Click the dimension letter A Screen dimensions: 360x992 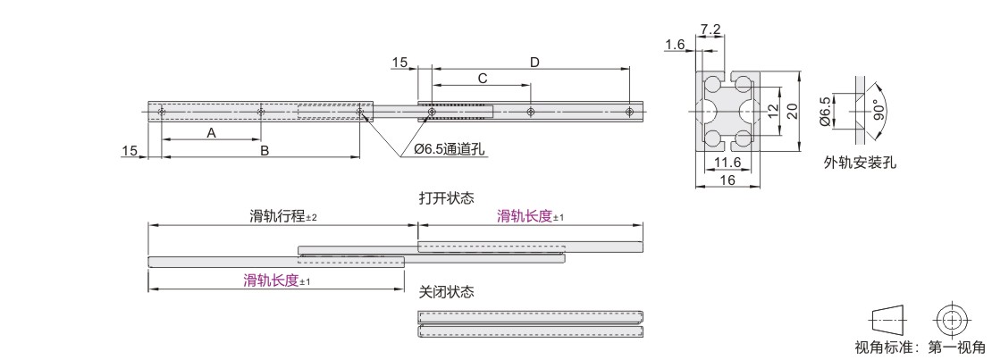click(x=211, y=132)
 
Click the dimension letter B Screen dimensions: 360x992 click(x=264, y=151)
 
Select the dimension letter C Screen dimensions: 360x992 click(x=482, y=79)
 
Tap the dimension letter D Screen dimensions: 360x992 click(x=534, y=62)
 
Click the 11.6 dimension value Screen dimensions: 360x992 click(x=728, y=162)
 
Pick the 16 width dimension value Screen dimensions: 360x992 click(x=727, y=180)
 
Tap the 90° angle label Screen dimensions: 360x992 click(x=879, y=111)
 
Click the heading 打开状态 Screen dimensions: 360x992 click(x=446, y=197)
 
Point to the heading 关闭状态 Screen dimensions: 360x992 click(x=446, y=292)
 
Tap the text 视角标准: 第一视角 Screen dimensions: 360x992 click(x=921, y=347)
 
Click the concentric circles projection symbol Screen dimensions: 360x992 click(x=953, y=320)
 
